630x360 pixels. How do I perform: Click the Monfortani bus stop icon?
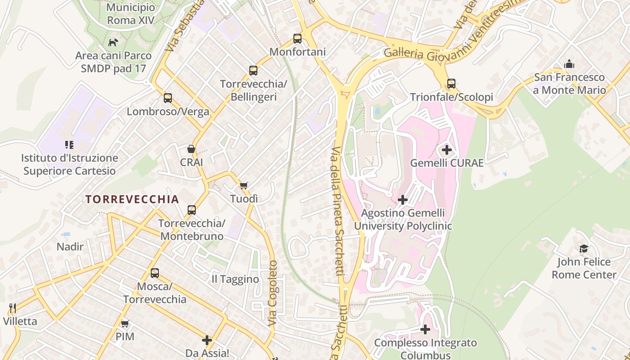click(297, 39)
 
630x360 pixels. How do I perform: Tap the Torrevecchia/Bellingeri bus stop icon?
click(253, 71)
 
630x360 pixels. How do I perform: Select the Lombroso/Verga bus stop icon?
click(168, 98)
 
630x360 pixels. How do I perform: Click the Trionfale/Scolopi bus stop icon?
click(451, 84)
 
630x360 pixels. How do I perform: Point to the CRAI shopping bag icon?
click(191, 149)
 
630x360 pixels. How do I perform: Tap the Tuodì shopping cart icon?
click(244, 185)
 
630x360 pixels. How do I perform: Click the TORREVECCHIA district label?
click(132, 199)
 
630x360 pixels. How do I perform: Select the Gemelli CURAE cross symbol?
click(447, 150)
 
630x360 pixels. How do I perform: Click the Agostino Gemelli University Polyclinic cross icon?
click(403, 200)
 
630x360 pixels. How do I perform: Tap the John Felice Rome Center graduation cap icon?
click(584, 249)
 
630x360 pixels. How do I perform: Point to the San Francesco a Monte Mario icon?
click(569, 64)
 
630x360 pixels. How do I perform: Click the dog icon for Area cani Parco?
click(113, 43)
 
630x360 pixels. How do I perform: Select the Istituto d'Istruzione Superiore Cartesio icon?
click(69, 145)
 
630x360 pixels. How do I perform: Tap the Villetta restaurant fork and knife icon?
click(13, 308)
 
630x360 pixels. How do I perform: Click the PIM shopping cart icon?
click(125, 324)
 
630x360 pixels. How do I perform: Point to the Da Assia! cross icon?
click(207, 340)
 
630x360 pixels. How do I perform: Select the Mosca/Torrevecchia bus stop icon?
click(155, 273)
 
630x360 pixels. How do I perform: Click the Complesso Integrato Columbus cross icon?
click(425, 330)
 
